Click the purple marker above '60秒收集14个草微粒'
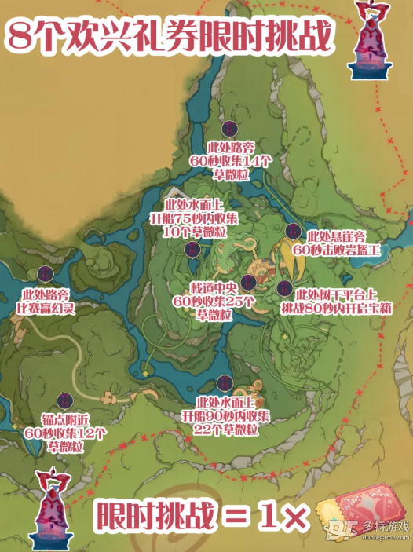(229, 130)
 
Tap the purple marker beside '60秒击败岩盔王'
(292, 232)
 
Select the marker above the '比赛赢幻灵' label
(45, 273)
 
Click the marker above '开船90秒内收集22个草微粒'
(225, 382)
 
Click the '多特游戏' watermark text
(386, 527)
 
